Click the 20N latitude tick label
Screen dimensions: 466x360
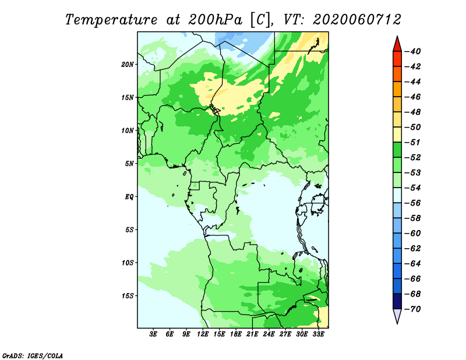click(128, 65)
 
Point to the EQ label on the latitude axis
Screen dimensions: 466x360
click(129, 197)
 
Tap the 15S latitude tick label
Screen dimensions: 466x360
click(128, 296)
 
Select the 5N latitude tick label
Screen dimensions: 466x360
click(129, 164)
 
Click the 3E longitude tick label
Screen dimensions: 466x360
click(153, 334)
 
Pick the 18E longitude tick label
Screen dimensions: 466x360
click(236, 334)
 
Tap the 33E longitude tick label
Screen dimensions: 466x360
click(318, 334)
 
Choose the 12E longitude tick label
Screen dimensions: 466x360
click(203, 334)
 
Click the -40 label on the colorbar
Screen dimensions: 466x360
click(412, 51)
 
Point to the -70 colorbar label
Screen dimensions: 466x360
click(412, 309)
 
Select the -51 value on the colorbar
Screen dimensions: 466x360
click(412, 142)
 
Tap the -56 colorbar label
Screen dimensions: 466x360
click(412, 203)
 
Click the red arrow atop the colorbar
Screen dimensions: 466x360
click(397, 45)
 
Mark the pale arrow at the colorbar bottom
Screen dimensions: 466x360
click(397, 315)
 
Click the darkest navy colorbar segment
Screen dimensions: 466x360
click(397, 301)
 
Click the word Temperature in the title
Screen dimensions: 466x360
click(111, 20)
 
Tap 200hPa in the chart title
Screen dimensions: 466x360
click(215, 20)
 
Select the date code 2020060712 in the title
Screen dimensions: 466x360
click(357, 20)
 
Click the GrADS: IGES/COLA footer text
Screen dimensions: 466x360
click(33, 356)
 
